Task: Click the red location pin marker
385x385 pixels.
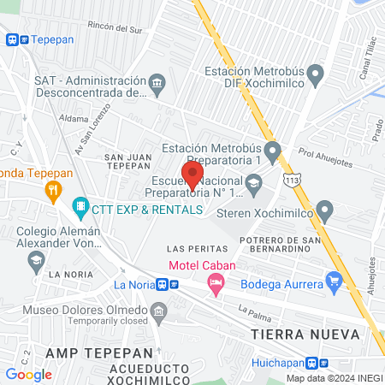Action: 193,175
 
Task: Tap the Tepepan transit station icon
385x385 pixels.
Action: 18,39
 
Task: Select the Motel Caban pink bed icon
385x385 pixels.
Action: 216,281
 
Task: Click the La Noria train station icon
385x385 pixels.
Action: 168,285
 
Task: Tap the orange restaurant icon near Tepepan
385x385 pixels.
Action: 54,190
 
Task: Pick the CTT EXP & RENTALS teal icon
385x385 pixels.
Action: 80,206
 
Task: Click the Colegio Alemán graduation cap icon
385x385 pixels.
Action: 37,259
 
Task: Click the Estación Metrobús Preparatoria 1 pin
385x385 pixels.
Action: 273,153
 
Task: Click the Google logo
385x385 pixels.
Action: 28,374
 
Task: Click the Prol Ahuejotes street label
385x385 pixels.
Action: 326,154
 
